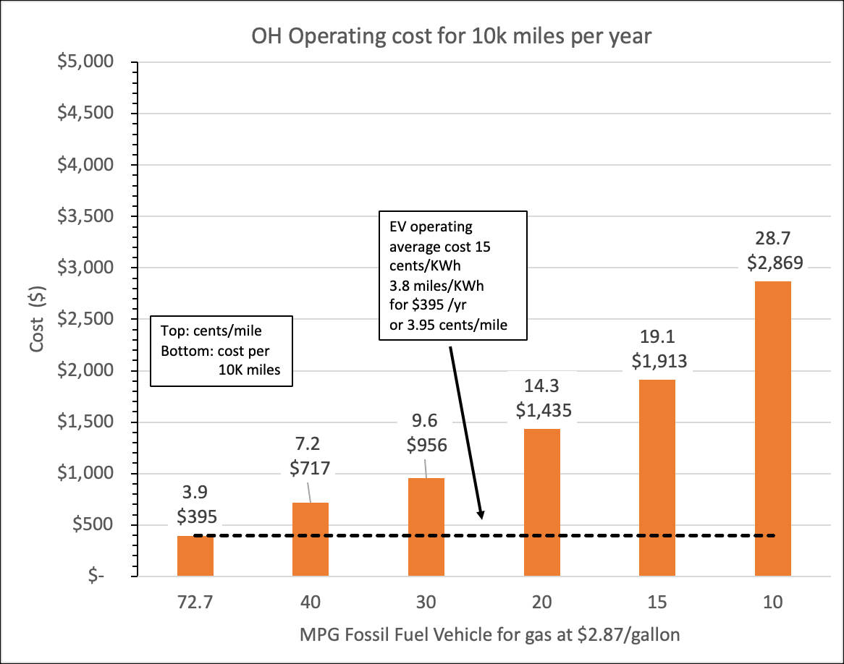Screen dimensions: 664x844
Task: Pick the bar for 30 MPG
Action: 426,527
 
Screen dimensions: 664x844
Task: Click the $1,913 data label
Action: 657,360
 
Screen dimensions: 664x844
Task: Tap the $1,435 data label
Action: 544,410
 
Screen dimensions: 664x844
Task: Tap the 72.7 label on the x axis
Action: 195,602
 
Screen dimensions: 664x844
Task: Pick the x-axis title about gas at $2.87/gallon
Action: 490,635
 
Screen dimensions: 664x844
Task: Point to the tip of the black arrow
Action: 481,518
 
